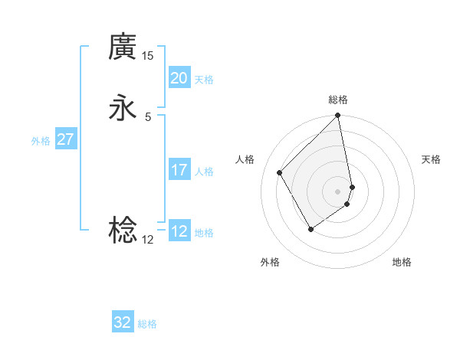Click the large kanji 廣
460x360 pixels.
coord(123,47)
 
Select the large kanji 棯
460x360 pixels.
coord(123,230)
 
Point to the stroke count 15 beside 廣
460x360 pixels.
coord(148,56)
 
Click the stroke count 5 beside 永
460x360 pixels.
coord(148,117)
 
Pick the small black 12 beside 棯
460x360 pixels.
coord(148,239)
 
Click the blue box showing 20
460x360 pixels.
coord(179,78)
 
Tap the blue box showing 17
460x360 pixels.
coord(179,170)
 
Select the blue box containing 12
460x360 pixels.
coord(179,231)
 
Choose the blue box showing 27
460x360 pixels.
coord(65,139)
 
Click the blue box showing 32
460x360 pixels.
coord(123,322)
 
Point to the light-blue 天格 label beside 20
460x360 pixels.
coord(204,80)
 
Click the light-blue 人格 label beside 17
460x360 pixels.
coord(204,172)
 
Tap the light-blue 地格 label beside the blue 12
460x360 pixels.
coord(204,233)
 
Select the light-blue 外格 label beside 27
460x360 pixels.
coord(41,141)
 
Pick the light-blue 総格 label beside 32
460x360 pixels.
coord(147,324)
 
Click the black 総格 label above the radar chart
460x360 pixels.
coord(338,100)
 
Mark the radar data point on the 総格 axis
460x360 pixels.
coord(338,116)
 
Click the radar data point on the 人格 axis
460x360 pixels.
coord(280,172)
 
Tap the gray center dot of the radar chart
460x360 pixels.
coord(338,191)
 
